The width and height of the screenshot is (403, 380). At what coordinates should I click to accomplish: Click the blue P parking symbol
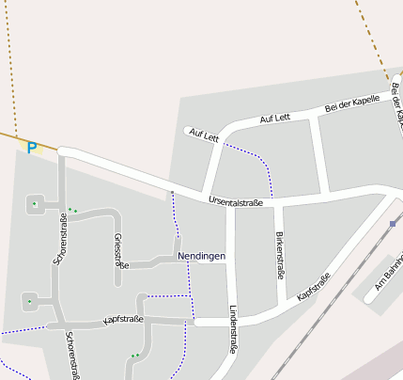coord(31,148)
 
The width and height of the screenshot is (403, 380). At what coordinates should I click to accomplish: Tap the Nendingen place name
coord(201,256)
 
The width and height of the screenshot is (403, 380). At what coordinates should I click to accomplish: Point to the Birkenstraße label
coord(279,256)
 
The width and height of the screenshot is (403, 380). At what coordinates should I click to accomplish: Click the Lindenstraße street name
coord(232,328)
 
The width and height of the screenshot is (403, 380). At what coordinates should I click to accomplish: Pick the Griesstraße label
coord(119,251)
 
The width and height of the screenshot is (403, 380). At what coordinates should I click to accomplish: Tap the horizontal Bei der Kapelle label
coord(351,104)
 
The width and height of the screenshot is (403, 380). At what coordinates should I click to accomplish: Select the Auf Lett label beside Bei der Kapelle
coord(275,118)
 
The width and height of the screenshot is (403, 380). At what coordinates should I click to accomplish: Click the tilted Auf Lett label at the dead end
coord(203,135)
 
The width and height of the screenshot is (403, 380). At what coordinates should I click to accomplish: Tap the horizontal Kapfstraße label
coord(123,320)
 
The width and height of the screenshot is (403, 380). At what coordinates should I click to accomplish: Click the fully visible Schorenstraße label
coord(60,241)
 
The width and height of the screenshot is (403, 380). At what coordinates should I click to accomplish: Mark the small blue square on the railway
coord(392,224)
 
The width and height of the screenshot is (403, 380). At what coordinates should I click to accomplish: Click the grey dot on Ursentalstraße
coord(172,192)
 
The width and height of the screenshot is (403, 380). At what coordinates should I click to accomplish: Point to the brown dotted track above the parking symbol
coord(10,66)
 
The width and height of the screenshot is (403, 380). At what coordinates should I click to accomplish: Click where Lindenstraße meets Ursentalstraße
coord(228,203)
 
